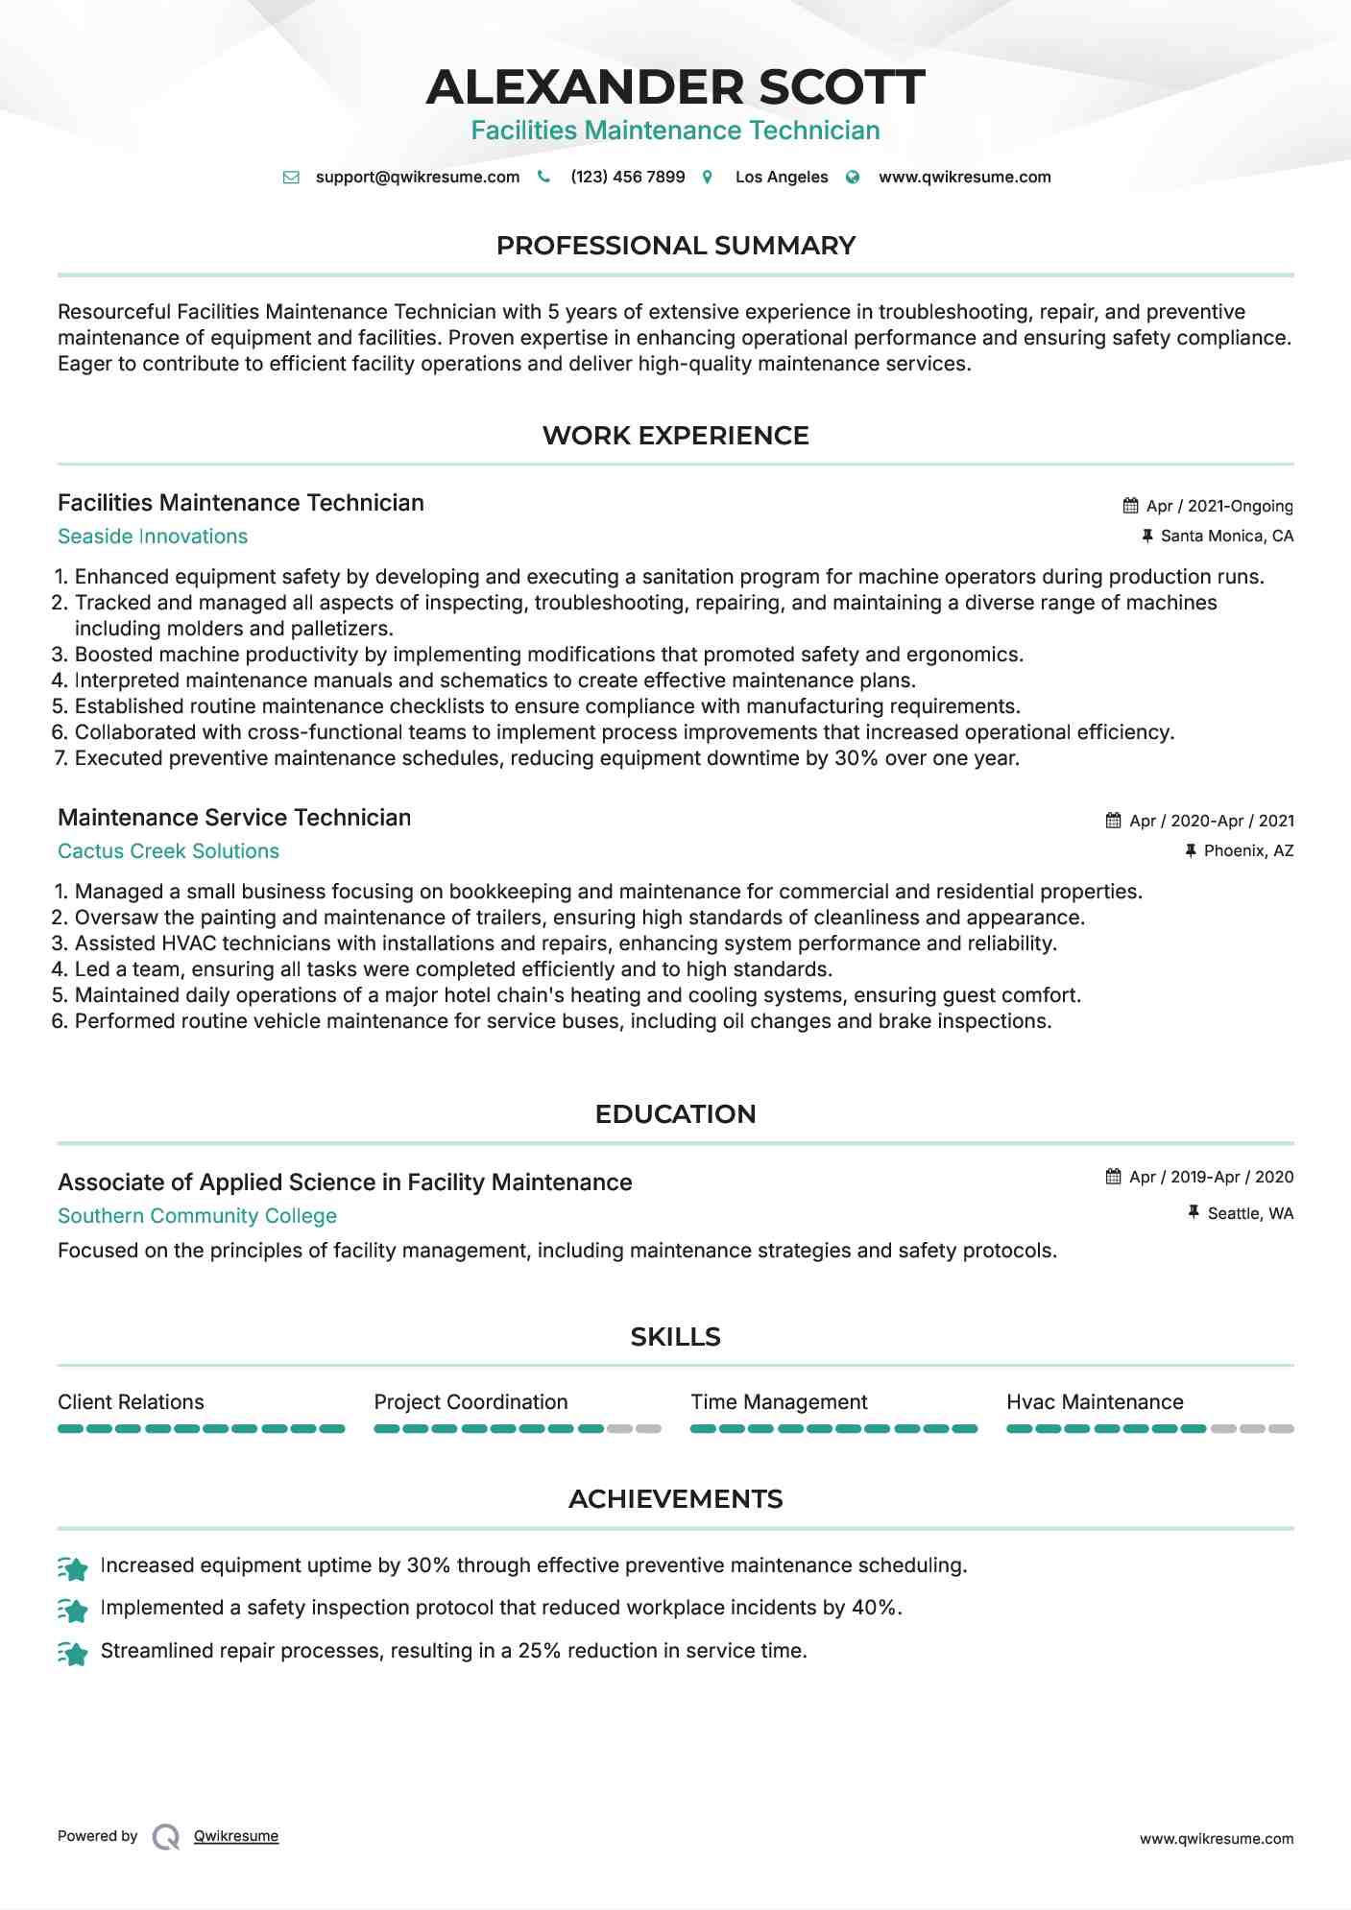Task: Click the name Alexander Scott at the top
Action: coord(675,86)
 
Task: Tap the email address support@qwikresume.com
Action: coord(417,177)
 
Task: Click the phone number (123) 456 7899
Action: coord(627,177)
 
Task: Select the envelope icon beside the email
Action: coord(291,177)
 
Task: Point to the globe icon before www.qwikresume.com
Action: coord(853,177)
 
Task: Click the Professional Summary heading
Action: coord(675,246)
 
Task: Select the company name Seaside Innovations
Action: coord(153,537)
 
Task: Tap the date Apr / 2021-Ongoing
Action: coord(1219,506)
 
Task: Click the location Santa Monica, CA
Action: coord(1226,536)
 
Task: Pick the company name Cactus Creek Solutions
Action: coord(168,851)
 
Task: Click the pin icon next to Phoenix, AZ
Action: coord(1191,850)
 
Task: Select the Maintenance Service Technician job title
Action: coord(234,818)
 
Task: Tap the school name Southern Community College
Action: coord(197,1216)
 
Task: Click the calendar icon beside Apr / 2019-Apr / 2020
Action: coord(1114,1177)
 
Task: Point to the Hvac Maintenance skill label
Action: coord(1095,1402)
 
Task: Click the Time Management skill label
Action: coord(779,1402)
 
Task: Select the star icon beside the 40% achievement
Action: coord(73,1609)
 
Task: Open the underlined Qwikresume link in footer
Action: coord(236,1836)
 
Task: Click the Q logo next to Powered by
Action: coord(166,1836)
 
